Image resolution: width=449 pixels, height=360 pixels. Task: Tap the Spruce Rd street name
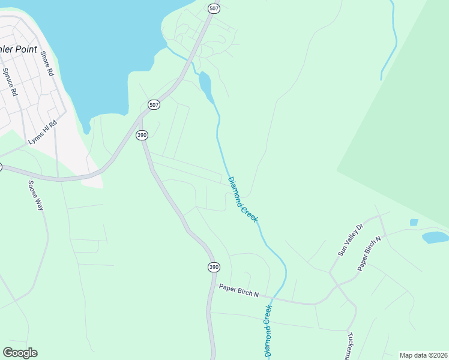click(9, 82)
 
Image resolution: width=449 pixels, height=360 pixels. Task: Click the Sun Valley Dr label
click(351, 241)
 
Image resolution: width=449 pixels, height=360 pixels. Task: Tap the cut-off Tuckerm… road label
click(350, 346)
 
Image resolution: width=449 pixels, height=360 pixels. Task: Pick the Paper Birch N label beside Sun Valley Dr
click(370, 254)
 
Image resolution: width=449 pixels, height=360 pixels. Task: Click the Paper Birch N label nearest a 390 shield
click(238, 290)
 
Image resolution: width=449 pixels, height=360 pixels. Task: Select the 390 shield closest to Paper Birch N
click(213, 266)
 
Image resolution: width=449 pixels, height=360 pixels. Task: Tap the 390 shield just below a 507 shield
click(142, 135)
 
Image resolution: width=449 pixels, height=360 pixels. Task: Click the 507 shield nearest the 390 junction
click(154, 104)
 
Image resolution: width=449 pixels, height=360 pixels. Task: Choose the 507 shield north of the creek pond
click(214, 8)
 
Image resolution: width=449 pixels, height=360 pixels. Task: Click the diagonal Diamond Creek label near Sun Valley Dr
click(243, 199)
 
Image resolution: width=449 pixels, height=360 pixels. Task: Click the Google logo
click(20, 353)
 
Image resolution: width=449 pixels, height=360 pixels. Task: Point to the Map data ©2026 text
click(423, 355)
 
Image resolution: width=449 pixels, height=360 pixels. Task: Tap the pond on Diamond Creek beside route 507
click(205, 85)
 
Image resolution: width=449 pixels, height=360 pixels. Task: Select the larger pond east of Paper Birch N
click(435, 237)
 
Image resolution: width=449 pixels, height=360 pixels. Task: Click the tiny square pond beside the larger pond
click(414, 222)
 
